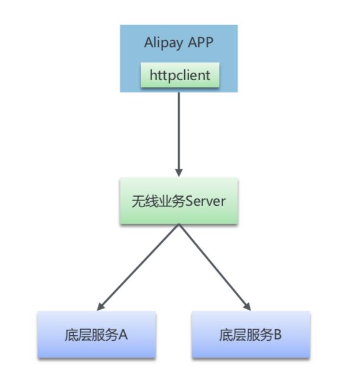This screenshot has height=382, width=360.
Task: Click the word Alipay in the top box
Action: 164,43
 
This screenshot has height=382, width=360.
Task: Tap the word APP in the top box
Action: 201,42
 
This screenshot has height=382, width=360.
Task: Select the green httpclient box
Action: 180,75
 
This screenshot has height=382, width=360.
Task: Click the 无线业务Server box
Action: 179,201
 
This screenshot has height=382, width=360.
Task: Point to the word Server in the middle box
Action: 206,202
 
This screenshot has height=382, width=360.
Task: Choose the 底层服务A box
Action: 97,334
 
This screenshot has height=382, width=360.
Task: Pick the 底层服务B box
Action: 251,334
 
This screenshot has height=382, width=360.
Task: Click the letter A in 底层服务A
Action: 123,335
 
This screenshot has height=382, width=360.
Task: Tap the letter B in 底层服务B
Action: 277,335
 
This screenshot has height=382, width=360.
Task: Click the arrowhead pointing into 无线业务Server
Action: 179,172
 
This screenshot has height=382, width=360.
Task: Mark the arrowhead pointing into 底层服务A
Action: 100,307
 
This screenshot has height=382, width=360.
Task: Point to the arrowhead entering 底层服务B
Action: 247,307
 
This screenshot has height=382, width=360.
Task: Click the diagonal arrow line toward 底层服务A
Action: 138,267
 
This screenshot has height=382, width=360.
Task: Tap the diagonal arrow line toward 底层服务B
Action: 215,267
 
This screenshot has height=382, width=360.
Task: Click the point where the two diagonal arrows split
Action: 179,224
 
